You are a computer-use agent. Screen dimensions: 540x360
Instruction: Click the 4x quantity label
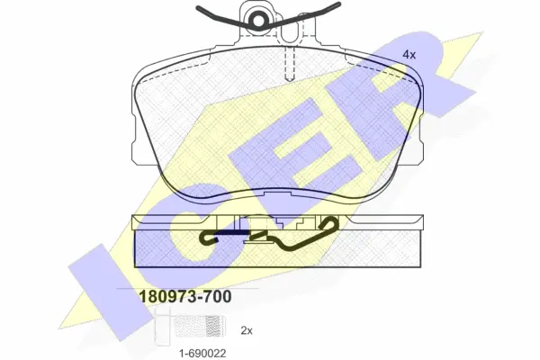tap(409, 54)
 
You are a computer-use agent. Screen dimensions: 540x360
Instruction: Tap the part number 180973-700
tap(184, 297)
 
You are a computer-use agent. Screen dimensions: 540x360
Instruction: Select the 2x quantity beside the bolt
tap(247, 330)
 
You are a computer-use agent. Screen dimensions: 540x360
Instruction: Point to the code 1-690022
tap(202, 353)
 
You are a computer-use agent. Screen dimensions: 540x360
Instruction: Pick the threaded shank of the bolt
tap(197, 326)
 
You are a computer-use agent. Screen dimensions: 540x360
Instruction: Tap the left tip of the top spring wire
tap(197, 7)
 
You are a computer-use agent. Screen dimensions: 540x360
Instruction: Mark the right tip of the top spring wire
tap(339, 4)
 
